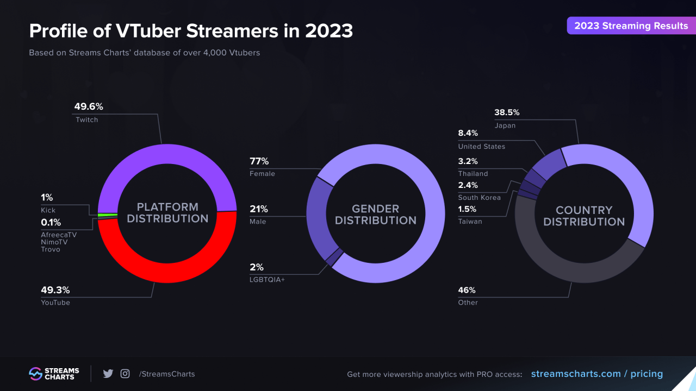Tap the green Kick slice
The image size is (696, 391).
point(107,215)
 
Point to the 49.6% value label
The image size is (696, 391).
point(89,106)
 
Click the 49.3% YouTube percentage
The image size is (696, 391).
point(55,290)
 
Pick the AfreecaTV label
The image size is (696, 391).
point(59,235)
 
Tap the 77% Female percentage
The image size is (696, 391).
point(259,161)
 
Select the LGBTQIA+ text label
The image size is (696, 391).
point(267,280)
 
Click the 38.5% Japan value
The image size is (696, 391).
point(507,112)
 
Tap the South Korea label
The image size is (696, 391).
point(479,198)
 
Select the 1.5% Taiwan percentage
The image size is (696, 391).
point(468,209)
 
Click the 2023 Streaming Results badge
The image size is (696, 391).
point(631,26)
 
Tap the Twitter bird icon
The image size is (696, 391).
point(108,374)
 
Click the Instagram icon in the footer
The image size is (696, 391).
point(125,374)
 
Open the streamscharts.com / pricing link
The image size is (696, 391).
point(596,374)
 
